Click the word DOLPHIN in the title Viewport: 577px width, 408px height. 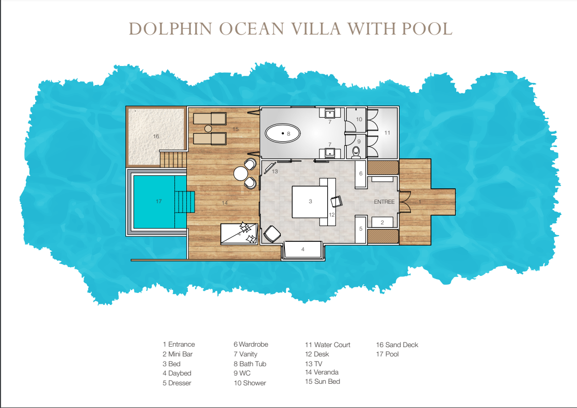170,29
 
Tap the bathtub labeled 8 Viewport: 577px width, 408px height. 283,133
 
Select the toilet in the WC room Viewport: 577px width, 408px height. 356,152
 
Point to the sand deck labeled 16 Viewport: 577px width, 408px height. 155,136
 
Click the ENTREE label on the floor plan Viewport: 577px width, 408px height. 384,202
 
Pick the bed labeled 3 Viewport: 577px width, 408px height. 310,202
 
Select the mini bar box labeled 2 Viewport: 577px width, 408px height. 382,222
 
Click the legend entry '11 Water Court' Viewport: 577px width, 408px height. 328,345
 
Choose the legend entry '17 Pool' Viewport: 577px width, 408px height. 387,354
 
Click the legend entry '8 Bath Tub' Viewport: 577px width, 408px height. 250,364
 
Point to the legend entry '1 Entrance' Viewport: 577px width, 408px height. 179,345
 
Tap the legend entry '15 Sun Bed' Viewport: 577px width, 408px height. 323,382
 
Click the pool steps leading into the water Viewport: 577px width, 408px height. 184,202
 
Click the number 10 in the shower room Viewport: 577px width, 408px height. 359,119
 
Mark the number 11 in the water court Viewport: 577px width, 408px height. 387,133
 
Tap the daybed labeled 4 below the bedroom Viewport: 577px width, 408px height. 303,250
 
